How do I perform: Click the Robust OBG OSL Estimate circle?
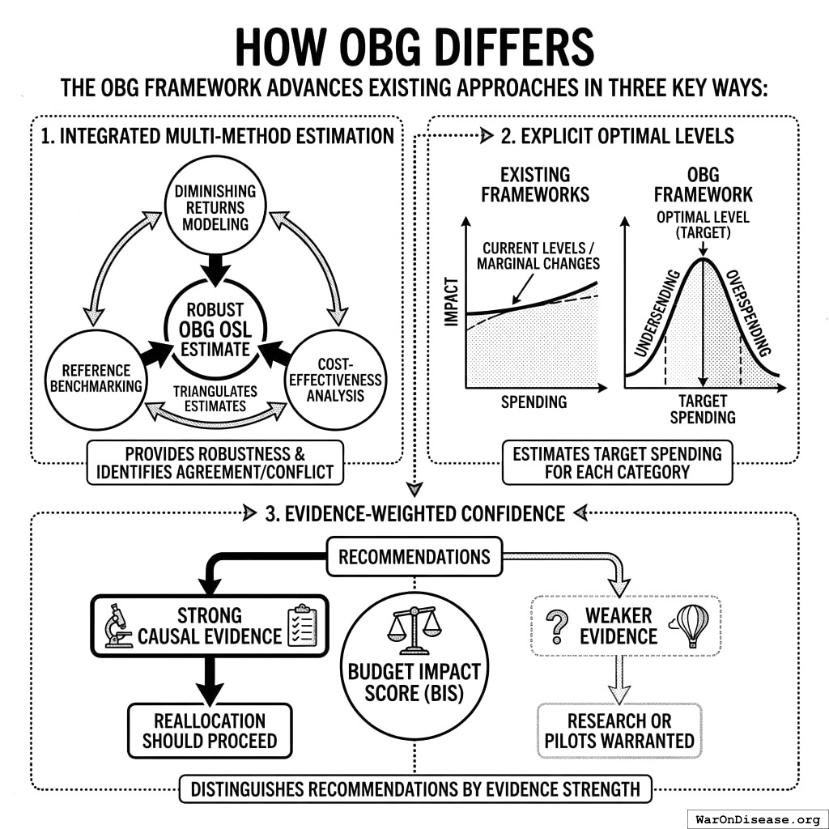tap(216, 331)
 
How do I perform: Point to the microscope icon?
tap(119, 627)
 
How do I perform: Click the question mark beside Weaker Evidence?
tap(557, 625)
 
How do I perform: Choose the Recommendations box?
tap(414, 557)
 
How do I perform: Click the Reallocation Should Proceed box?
tap(210, 730)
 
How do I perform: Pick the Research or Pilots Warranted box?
tap(619, 730)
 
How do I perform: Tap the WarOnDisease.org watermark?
tap(756, 818)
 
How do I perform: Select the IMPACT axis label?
tap(452, 303)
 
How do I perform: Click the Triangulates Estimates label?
tap(215, 397)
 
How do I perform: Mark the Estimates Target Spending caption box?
tap(617, 462)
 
